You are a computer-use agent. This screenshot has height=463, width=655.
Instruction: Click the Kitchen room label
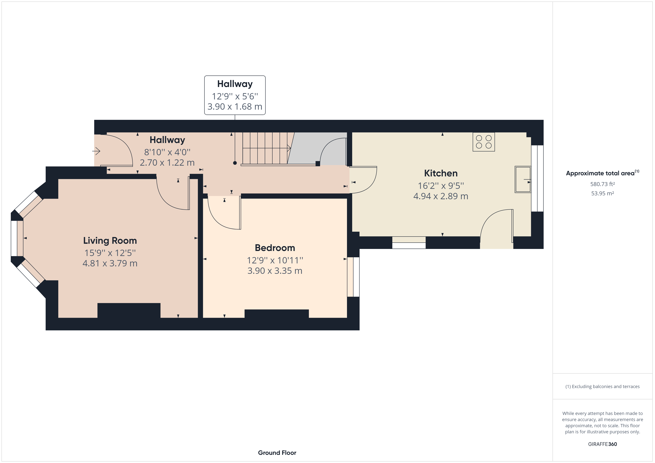click(x=441, y=173)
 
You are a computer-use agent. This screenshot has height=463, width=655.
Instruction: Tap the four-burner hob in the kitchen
click(x=484, y=142)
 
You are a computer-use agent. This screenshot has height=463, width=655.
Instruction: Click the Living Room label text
click(x=110, y=241)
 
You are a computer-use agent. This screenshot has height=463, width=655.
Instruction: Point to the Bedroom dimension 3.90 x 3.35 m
click(x=275, y=271)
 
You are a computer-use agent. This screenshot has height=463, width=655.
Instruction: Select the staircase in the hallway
click(x=265, y=148)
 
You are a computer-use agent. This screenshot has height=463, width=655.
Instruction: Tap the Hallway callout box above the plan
click(x=235, y=95)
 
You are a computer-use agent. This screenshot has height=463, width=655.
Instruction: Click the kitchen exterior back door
click(x=496, y=228)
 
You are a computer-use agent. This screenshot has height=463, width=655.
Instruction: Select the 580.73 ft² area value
click(x=602, y=184)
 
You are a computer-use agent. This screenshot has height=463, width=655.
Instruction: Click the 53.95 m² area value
click(x=602, y=193)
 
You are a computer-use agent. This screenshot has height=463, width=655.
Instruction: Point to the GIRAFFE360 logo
click(x=602, y=444)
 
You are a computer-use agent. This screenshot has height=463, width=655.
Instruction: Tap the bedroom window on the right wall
click(x=353, y=277)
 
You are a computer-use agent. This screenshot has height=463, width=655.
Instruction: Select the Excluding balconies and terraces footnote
click(x=602, y=387)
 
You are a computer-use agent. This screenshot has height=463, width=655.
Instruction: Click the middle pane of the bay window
click(x=17, y=238)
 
